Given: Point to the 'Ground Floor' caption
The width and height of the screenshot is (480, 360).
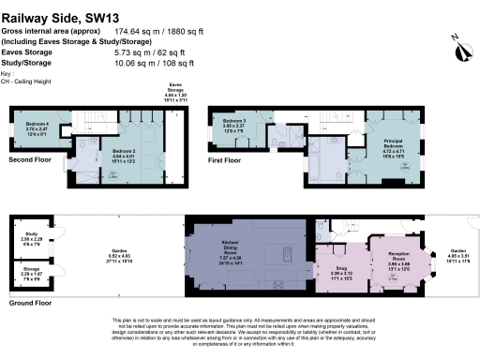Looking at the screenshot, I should click(30, 303).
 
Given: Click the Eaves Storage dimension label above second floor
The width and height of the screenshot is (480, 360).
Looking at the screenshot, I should click(176, 91).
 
